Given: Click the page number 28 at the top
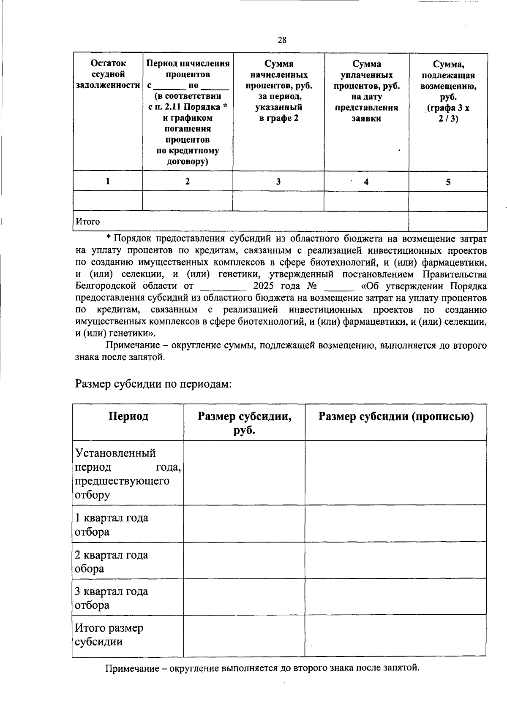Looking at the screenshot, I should [282, 40].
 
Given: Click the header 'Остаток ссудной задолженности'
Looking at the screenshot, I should [108, 74].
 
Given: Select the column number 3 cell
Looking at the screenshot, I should [278, 182].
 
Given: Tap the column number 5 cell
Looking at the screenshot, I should [448, 182].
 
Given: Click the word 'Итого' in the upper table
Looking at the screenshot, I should [88, 222].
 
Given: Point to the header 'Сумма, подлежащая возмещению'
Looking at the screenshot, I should [448, 91].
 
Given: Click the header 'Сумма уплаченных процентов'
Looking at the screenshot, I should [366, 91].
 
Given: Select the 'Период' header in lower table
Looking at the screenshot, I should [128, 417].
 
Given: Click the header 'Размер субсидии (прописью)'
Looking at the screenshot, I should [396, 417].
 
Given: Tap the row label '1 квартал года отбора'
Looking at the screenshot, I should [112, 524].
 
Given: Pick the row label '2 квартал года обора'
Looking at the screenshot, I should [112, 562].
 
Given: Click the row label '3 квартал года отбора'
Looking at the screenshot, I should [112, 598].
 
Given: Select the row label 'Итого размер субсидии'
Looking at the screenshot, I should [109, 635].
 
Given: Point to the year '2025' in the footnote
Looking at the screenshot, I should [264, 286].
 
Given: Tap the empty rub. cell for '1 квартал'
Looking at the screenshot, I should [244, 524].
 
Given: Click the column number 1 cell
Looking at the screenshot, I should [108, 181].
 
